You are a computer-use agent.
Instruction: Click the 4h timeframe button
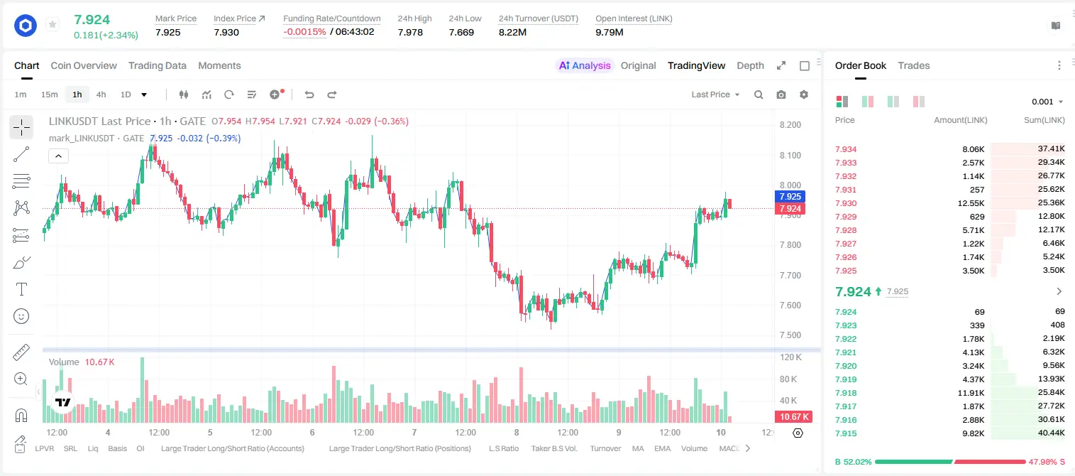coord(101,94)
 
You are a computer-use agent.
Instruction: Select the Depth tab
coord(750,66)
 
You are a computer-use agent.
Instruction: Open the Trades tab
coord(913,66)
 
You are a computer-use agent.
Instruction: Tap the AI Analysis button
coord(585,66)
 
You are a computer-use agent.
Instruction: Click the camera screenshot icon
coord(781,94)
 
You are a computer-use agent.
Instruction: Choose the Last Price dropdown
coord(715,94)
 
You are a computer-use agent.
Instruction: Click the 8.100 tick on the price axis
coord(790,155)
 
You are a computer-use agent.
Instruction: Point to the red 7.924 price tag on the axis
coord(790,208)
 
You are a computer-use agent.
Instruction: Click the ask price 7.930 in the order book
coord(846,203)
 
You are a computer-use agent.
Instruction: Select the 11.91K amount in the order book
coord(971,393)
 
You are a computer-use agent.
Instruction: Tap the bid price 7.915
coord(846,433)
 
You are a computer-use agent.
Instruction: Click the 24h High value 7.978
coord(410,32)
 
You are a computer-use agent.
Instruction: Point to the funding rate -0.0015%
coord(304,32)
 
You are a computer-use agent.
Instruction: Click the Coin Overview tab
coord(84,66)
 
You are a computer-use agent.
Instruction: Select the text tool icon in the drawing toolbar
coord(21,289)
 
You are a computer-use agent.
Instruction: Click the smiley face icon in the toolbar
coord(21,316)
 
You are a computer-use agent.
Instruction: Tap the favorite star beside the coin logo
coord(53,24)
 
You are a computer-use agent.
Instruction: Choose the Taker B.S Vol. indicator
coord(553,448)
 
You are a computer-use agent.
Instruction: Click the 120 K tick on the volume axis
coord(791,357)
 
